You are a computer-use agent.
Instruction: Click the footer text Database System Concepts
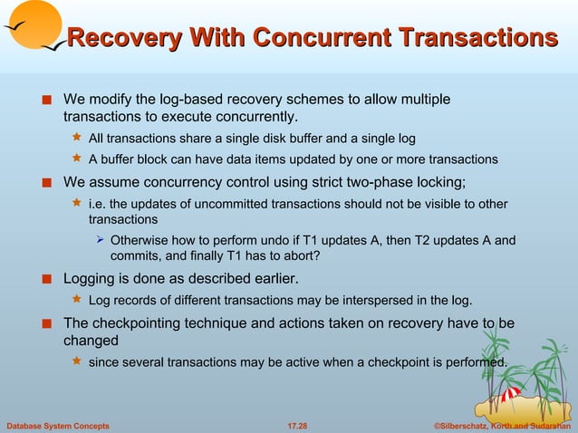pyautogui.click(x=58, y=425)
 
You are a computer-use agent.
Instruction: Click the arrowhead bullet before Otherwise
pyautogui.click(x=100, y=241)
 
